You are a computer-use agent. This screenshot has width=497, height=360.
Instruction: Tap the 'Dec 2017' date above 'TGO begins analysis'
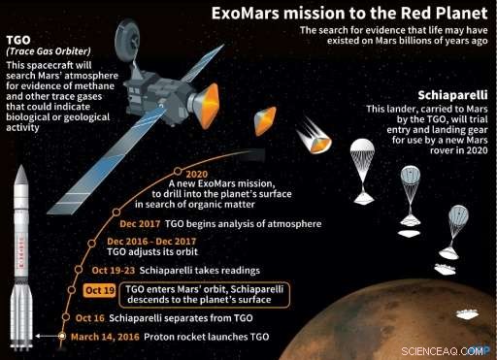(131, 222)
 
